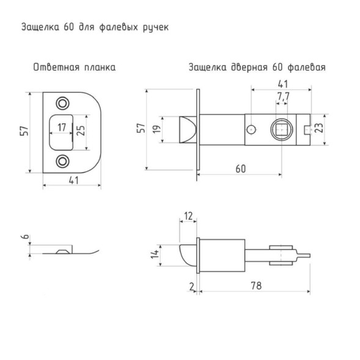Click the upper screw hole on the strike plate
pyautogui.click(x=63, y=103)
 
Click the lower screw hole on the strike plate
pyautogui.click(x=63, y=161)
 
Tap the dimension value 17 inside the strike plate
pyautogui.click(x=62, y=127)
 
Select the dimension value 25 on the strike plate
pyautogui.click(x=81, y=130)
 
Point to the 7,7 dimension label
pyautogui.click(x=282, y=97)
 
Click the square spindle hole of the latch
pyautogui.click(x=282, y=130)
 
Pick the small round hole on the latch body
pyautogui.click(x=251, y=130)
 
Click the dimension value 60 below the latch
pyautogui.click(x=241, y=169)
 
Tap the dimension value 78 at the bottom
pyautogui.click(x=256, y=286)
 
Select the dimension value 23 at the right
pyautogui.click(x=319, y=128)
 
